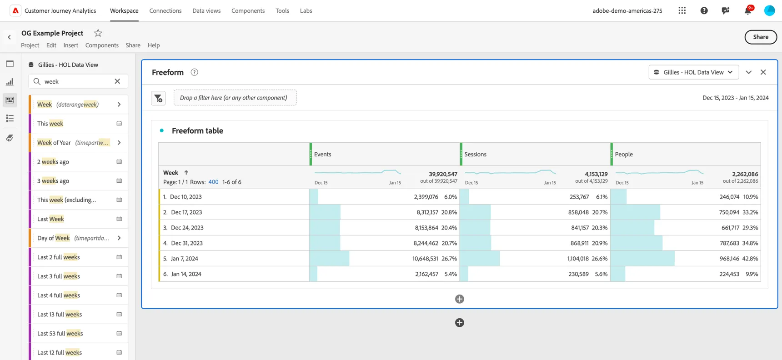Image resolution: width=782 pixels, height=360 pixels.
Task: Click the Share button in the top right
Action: point(761,37)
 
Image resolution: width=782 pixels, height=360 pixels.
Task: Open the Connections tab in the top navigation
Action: point(165,10)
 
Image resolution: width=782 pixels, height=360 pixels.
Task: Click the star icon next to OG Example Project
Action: point(98,33)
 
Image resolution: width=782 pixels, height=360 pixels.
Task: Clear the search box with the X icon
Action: point(117,81)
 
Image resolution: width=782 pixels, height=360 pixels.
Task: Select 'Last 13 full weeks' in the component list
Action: point(60,314)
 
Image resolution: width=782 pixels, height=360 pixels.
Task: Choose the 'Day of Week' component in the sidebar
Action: point(54,238)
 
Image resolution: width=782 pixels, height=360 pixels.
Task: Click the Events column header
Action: point(323,154)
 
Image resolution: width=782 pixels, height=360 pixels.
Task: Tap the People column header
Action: point(624,154)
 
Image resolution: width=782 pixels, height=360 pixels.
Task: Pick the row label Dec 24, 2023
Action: point(187,227)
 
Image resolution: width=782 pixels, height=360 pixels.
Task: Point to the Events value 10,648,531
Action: point(425,258)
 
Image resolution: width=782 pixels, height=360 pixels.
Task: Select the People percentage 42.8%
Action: point(750,258)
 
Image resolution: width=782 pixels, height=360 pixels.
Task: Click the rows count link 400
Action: point(213,182)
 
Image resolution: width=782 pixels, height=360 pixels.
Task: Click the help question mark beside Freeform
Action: point(194,72)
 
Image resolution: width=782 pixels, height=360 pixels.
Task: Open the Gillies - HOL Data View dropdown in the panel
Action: point(693,72)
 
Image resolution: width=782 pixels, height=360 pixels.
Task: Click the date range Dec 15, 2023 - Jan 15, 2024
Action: point(736,98)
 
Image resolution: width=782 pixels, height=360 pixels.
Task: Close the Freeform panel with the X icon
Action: point(763,72)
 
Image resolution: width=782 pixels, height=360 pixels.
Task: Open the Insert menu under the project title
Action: point(71,45)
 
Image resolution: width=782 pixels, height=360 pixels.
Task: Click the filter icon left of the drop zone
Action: point(158,98)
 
